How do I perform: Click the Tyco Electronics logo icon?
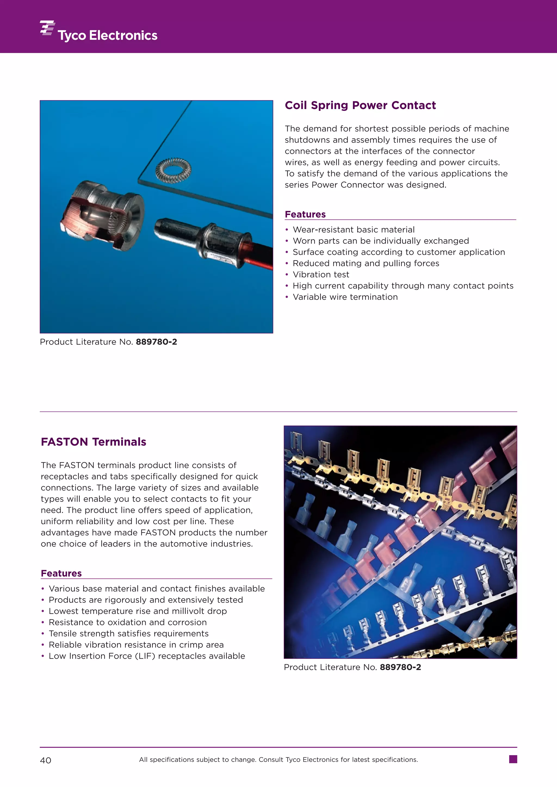coord(47,28)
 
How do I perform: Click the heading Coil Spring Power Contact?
coord(360,105)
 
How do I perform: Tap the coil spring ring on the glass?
coord(173,170)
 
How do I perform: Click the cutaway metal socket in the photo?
coord(103,216)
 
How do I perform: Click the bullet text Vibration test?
coord(321,274)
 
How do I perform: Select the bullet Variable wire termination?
coord(345,297)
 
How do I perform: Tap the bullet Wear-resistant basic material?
coord(353,230)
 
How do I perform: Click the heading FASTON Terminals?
coord(93,442)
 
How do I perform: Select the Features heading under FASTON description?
coord(61,573)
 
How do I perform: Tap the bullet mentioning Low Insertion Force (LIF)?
coord(147,656)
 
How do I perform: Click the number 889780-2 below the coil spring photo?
coord(156,342)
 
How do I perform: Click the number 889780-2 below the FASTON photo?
coord(400,667)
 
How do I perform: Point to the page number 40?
coord(46,760)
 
